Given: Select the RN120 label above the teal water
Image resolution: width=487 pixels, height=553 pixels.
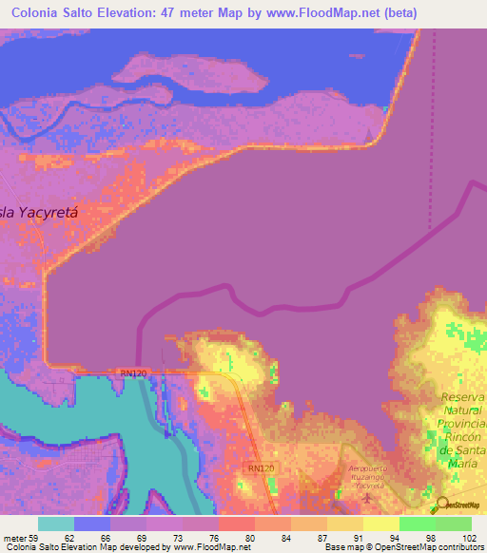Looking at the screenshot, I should pos(133,373).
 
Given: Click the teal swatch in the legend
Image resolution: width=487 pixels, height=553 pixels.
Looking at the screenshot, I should pos(56,523).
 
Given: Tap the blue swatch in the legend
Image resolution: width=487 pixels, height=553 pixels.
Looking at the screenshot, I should pos(92,523).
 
